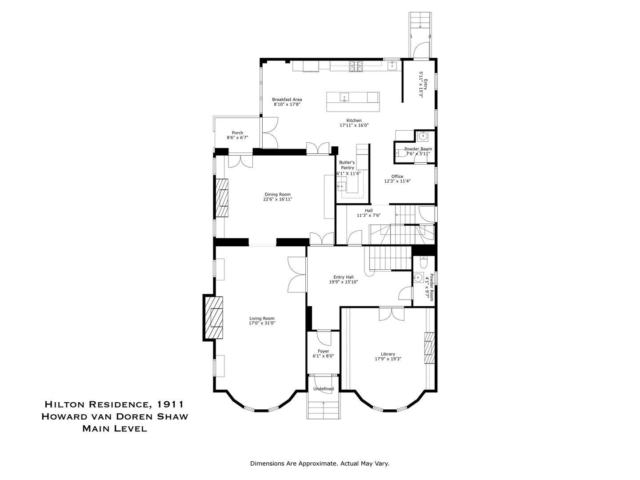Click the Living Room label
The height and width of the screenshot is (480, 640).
tap(262, 318)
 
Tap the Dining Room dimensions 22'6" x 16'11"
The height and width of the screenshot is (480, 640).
tap(277, 200)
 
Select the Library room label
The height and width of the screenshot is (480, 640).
tap(388, 354)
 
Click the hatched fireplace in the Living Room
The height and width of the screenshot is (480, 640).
tap(216, 318)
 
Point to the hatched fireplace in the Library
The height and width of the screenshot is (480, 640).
tap(428, 348)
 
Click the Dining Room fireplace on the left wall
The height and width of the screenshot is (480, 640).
tap(222, 198)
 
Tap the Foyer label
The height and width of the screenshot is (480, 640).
tap(323, 351)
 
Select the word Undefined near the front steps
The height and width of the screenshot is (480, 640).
tap(323, 389)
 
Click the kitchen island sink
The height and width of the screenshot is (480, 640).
tap(344, 97)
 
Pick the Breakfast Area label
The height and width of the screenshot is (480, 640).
tap(287, 100)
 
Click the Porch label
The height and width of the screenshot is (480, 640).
tap(237, 132)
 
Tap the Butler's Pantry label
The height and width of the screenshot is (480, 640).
tap(347, 165)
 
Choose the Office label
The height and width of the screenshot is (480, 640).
tap(397, 176)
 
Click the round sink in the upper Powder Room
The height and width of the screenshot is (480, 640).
tap(423, 136)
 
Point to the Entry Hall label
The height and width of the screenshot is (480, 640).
tap(344, 277)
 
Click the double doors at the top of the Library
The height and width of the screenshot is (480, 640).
tap(392, 314)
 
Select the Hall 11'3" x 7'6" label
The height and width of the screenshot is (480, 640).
tap(368, 213)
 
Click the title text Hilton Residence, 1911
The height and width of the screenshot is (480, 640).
tap(114, 404)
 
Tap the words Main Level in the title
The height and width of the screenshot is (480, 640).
tap(114, 429)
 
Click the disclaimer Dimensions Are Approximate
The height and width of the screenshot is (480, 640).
tap(320, 464)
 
